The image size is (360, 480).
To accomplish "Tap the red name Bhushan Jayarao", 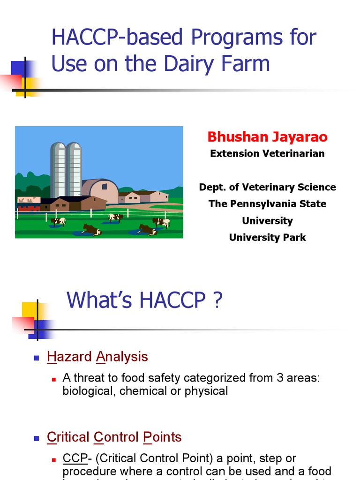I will tap(267, 137).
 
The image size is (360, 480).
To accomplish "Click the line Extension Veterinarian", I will tap(267, 154).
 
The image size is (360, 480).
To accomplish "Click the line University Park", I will tap(267, 238).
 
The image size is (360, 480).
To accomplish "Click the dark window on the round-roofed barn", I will tap(104, 186).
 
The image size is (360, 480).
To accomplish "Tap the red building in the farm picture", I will tap(29, 208).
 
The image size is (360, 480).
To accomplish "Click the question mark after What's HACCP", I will tap(217, 300).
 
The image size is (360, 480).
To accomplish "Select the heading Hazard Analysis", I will tap(97, 357).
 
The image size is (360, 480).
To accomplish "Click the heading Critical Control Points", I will tap(114, 437).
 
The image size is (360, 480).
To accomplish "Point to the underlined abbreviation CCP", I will tap(73, 458).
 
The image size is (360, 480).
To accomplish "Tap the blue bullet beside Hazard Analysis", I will tap(36, 358).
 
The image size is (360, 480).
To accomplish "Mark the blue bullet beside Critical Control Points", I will tap(36, 438).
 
